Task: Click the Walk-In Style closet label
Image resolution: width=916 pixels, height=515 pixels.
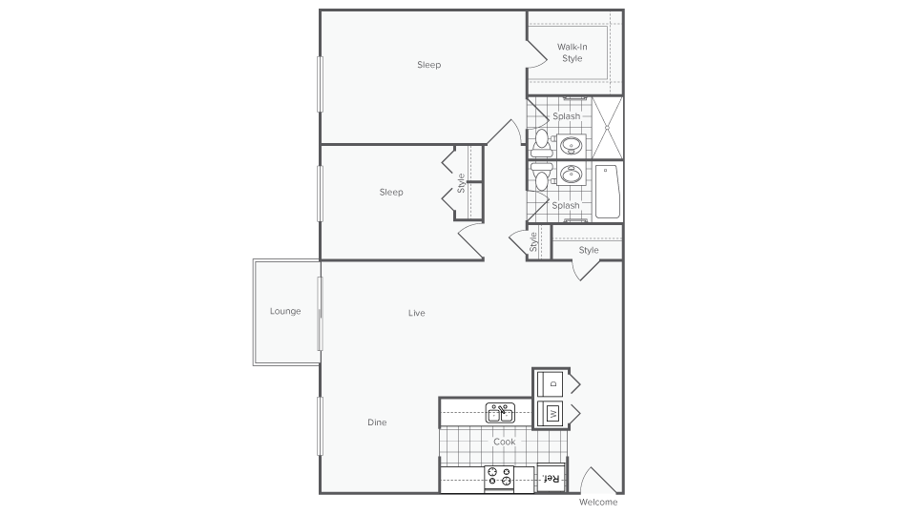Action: [572, 52]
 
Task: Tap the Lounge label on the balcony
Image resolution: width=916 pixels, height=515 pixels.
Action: [285, 311]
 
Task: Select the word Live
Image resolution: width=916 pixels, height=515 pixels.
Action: [416, 313]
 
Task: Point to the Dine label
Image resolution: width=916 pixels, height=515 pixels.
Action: [378, 422]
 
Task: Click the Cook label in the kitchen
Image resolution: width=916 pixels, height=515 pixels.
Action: [504, 442]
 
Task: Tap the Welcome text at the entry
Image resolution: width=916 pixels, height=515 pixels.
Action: [598, 502]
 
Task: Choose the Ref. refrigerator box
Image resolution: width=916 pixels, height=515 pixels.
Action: [551, 478]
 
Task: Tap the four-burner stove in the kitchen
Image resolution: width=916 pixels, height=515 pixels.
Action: [499, 477]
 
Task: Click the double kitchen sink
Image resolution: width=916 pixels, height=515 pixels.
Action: [500, 413]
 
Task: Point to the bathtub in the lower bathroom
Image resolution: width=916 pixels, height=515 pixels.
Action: [608, 193]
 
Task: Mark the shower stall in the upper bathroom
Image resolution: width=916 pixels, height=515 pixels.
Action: [607, 127]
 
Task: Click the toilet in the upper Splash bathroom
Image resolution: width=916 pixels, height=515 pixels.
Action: [541, 142]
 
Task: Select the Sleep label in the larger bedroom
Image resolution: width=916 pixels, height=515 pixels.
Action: [429, 65]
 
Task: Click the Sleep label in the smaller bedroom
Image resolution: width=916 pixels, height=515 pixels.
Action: [391, 192]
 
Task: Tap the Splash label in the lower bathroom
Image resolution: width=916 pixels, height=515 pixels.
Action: [566, 205]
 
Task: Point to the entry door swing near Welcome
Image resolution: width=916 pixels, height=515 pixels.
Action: [597, 481]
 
